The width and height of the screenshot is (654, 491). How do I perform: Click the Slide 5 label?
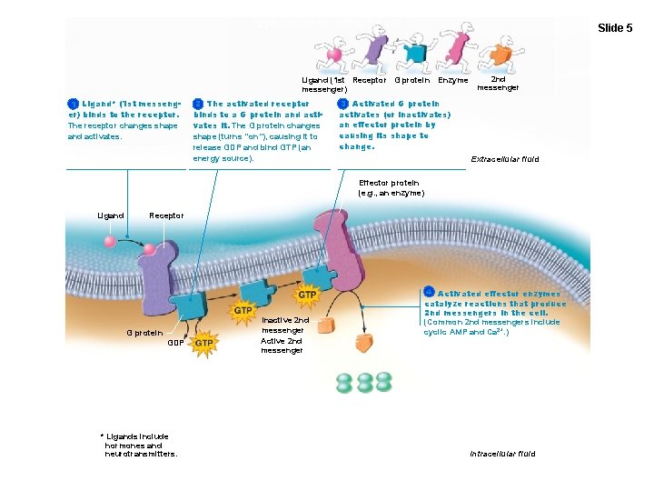tap(615, 28)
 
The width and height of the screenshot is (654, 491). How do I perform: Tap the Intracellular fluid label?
tap(502, 453)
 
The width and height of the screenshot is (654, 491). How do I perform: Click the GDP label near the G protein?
tap(176, 343)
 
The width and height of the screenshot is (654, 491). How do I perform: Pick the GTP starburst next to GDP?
tap(204, 343)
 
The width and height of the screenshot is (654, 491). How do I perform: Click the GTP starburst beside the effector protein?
tap(308, 295)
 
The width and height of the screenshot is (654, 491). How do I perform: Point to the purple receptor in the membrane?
tap(160, 273)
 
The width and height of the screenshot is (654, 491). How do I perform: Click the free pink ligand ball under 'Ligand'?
tap(110, 242)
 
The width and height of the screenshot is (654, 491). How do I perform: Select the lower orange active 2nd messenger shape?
tap(364, 342)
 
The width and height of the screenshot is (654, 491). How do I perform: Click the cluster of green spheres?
tap(363, 382)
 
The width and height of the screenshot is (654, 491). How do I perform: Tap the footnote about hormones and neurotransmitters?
tap(140, 446)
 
